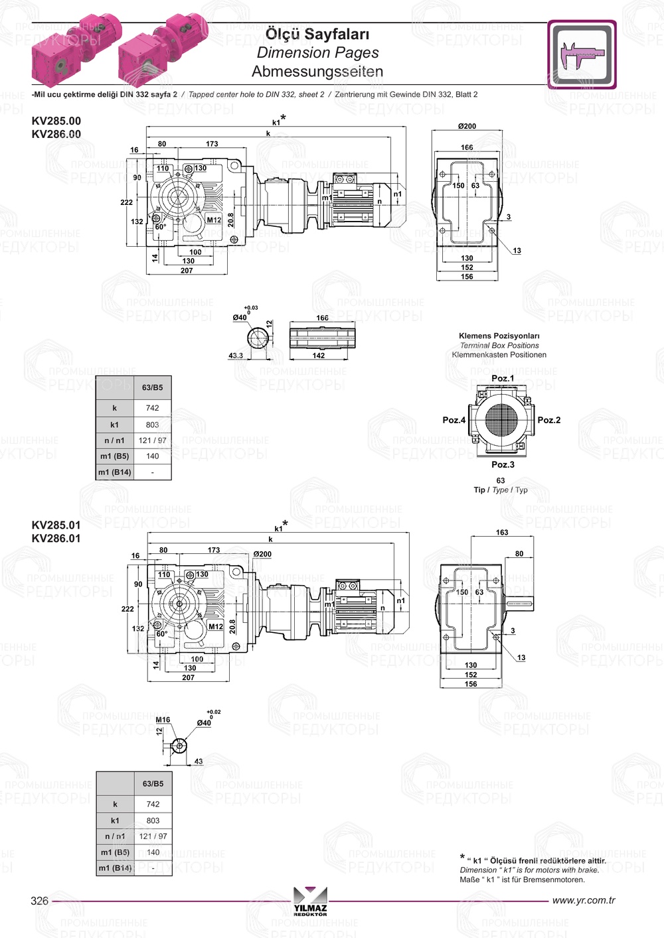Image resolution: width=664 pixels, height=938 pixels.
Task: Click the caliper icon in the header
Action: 582,54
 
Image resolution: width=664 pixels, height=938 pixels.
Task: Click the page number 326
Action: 39,900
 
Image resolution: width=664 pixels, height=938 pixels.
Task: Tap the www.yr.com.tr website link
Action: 583,900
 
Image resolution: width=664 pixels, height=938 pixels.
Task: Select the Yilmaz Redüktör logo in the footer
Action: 310,902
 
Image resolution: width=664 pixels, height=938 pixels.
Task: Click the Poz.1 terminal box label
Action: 503,378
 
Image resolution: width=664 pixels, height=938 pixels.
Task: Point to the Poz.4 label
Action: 454,420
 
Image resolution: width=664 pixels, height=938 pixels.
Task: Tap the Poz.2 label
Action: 549,420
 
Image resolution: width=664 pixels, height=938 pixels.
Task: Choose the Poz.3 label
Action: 503,464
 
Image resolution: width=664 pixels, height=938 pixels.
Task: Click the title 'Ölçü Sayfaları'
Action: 317,34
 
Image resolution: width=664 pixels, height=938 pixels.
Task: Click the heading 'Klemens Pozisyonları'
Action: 499,336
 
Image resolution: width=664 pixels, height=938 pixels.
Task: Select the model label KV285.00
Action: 56,121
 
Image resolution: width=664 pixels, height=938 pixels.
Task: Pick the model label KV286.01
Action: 56,538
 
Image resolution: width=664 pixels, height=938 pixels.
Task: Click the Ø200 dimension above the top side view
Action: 467,126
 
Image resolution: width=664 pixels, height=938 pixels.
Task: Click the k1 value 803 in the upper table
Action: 153,425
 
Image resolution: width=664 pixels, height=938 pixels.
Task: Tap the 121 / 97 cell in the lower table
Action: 153,836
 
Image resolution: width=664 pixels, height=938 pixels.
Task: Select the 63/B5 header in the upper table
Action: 153,387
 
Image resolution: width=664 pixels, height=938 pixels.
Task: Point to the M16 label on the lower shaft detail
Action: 163,720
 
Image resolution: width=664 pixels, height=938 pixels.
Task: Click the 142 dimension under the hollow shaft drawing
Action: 319,356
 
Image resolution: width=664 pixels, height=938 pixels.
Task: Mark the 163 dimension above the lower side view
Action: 502,532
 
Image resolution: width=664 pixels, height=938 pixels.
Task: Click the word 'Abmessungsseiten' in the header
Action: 317,71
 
